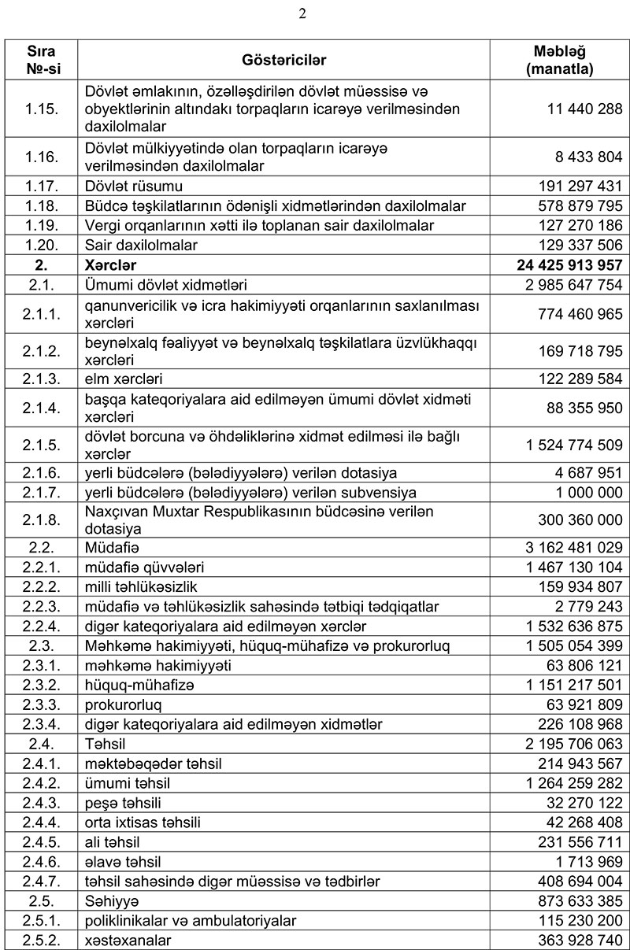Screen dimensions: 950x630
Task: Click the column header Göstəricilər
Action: [x=284, y=60]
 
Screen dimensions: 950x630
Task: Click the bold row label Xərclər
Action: [x=112, y=265]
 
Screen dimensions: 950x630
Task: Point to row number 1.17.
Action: [x=43, y=187]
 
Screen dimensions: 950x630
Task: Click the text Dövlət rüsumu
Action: [x=134, y=187]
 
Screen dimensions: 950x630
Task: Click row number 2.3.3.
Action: [x=43, y=704]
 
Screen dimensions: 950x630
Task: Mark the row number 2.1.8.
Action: [x=43, y=520]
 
